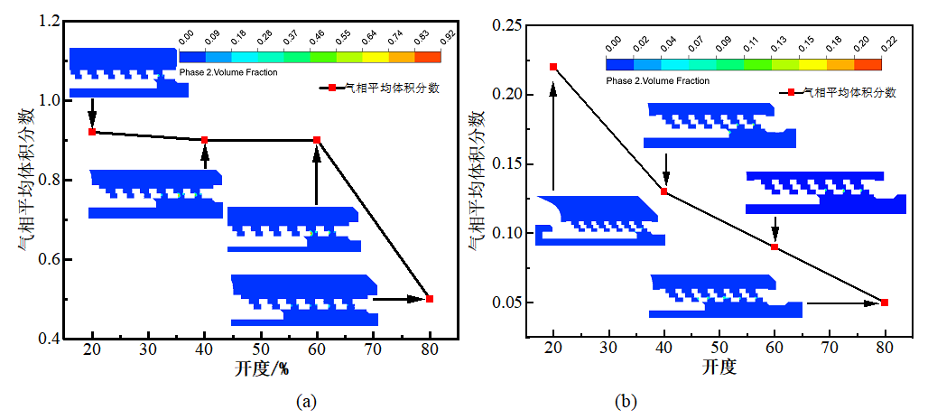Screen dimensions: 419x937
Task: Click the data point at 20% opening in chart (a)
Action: [x=92, y=132]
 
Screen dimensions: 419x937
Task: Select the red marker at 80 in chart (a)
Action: [x=430, y=299]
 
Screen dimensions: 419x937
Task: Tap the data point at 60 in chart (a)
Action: [x=317, y=140]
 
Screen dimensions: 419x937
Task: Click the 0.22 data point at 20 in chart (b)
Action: [x=553, y=67]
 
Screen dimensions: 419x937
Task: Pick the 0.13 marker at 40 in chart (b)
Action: [x=664, y=191]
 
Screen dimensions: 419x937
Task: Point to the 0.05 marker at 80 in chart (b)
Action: [x=885, y=303]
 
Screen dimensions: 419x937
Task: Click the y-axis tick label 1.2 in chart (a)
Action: [x=51, y=20]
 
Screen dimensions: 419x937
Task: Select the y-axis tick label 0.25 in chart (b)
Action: [x=507, y=25]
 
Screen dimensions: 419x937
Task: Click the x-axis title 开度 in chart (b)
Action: [x=719, y=368]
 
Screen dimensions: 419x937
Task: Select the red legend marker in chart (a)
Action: [x=331, y=88]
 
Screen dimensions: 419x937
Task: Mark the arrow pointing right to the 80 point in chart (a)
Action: [x=401, y=298]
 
